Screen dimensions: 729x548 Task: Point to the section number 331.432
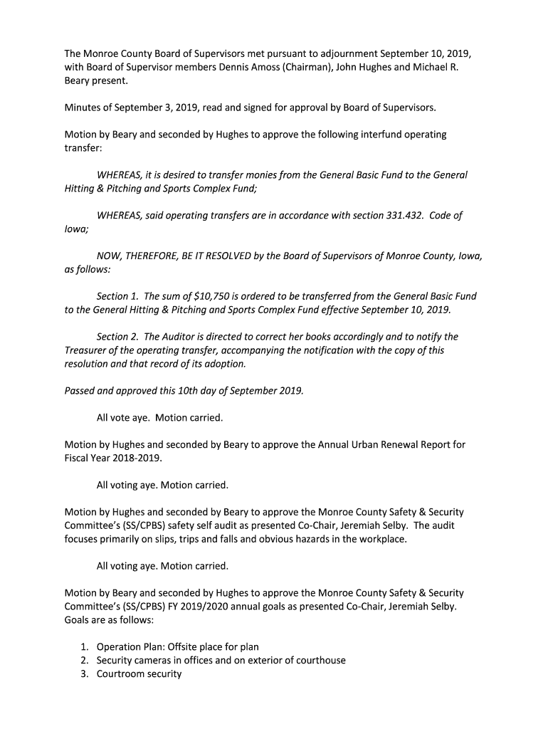pyautogui.click(x=402, y=215)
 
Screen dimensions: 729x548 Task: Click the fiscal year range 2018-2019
pyautogui.click(x=138, y=458)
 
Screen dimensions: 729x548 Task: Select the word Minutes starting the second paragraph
pyautogui.click(x=84, y=107)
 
